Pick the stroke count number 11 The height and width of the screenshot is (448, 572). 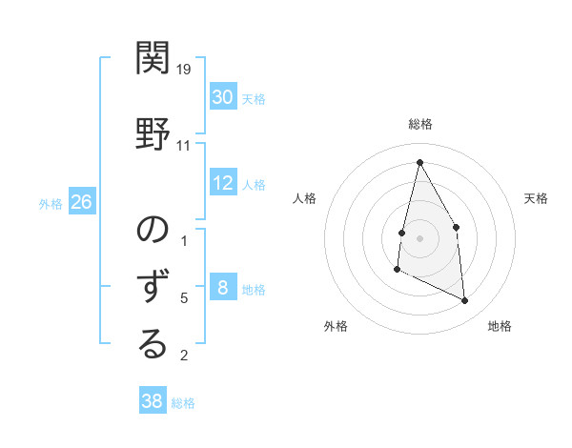point(184,146)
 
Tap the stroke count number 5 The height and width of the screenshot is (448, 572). point(184,298)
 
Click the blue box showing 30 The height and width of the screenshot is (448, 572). point(222,97)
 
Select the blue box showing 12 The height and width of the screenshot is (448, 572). point(222,184)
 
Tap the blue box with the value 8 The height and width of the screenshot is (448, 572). point(222,289)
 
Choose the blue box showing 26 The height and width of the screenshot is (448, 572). point(81,203)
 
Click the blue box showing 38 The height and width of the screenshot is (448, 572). point(153,401)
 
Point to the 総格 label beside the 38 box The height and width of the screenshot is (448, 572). point(183,403)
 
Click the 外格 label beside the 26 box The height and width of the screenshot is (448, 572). point(51,204)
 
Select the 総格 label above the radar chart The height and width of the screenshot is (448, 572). point(419,125)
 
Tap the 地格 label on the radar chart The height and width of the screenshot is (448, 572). point(500,327)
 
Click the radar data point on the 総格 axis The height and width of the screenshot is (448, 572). point(419,162)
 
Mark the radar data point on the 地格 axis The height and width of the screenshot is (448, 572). point(465,301)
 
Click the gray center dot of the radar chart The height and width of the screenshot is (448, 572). point(419,236)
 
